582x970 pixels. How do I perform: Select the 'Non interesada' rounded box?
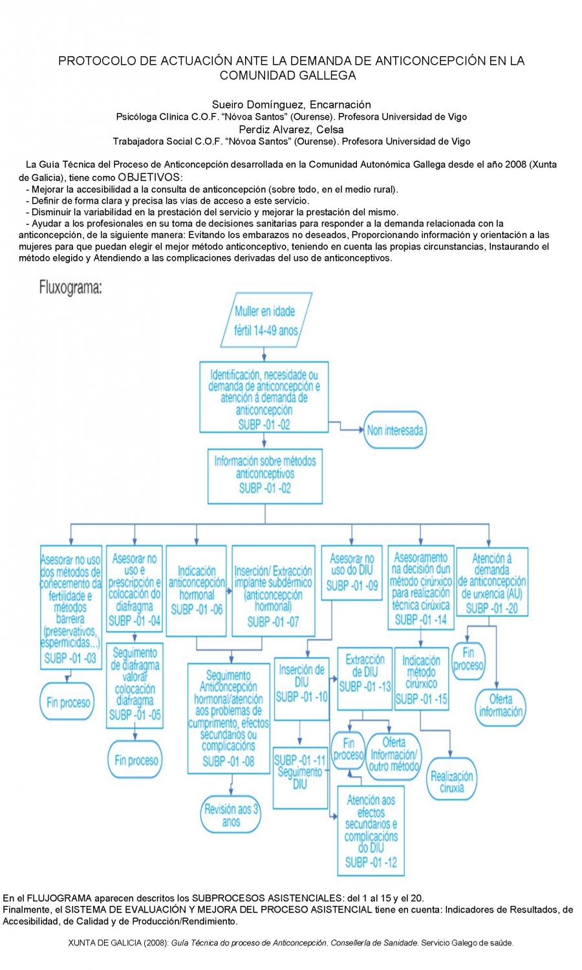point(394,430)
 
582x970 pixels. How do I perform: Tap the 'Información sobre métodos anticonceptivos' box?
point(265,475)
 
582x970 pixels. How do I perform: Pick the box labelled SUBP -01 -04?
point(135,590)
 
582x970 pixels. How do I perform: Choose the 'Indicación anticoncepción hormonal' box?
point(197,590)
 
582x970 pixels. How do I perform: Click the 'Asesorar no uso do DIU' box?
point(352,572)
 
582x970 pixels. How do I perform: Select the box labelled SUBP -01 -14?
point(421,588)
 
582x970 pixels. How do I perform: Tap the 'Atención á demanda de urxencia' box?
point(491,582)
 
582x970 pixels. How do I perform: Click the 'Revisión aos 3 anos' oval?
point(231,815)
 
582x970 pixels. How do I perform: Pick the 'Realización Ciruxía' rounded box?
point(451,781)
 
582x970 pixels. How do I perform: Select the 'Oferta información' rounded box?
point(500,706)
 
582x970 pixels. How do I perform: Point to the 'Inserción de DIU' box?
point(301,688)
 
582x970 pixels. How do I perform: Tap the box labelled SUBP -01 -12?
point(371,830)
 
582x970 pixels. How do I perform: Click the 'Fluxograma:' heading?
point(70,287)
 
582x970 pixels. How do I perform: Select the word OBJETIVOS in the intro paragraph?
point(149,177)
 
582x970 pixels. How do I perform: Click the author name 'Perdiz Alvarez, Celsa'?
point(291,129)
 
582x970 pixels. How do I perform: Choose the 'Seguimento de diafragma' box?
point(135,685)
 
